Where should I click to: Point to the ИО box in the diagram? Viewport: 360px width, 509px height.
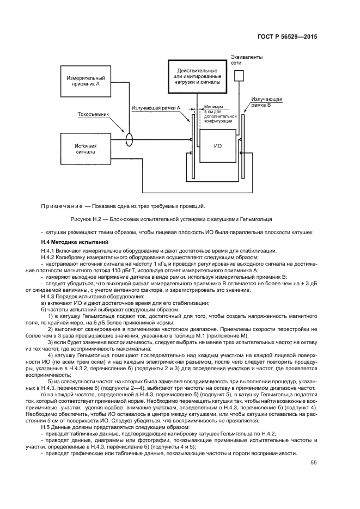(x=217, y=146)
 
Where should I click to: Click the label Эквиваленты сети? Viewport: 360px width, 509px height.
(x=243, y=59)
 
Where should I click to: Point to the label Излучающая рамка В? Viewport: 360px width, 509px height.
(x=266, y=102)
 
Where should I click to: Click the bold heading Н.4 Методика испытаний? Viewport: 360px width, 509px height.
(x=75, y=242)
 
